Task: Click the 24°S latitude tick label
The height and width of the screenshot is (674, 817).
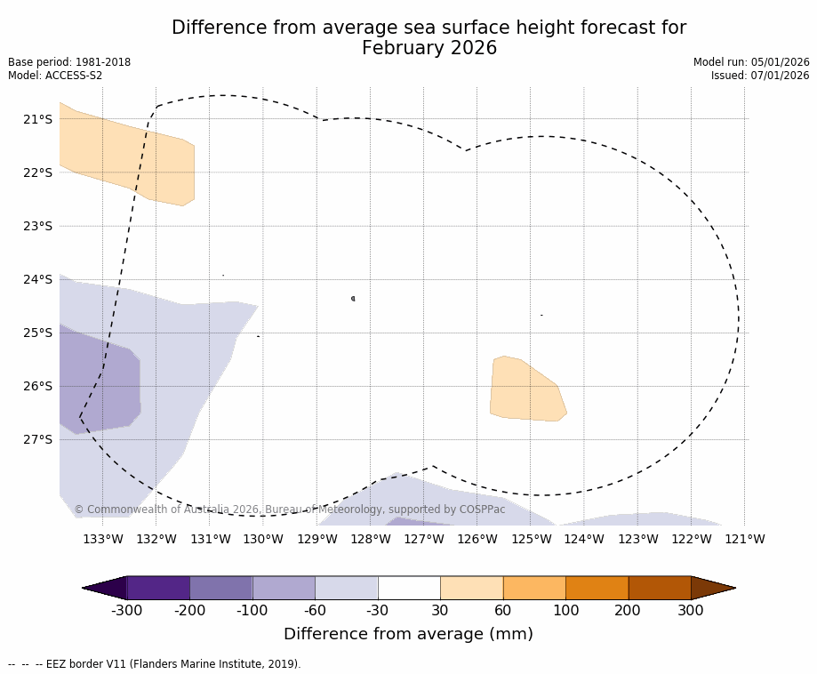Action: pos(36,279)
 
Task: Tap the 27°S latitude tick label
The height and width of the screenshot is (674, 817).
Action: pos(36,439)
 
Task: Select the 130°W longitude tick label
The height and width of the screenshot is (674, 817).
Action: pos(263,539)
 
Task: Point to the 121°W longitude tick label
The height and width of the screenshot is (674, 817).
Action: pos(745,539)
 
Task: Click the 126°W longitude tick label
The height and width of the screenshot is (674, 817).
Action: pos(477,539)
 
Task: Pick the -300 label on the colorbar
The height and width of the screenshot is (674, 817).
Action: pos(126,611)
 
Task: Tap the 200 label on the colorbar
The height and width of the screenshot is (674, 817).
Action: pos(629,611)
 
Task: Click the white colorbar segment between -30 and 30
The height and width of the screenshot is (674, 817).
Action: pos(409,588)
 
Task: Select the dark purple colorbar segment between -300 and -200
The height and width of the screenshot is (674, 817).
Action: pos(158,588)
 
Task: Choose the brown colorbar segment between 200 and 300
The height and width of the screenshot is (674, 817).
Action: pos(660,588)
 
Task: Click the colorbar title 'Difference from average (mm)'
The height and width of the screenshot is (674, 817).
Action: pos(408,634)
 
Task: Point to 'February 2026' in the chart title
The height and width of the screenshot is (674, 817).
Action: pos(429,48)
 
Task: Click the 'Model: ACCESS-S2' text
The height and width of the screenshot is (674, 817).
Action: pos(55,76)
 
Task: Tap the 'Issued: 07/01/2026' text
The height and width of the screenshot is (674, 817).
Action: pos(760,76)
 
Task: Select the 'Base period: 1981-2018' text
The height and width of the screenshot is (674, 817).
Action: pos(69,62)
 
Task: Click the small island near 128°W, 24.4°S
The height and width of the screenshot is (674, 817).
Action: pos(353,299)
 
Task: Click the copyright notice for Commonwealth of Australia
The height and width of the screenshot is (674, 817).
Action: pos(289,510)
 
